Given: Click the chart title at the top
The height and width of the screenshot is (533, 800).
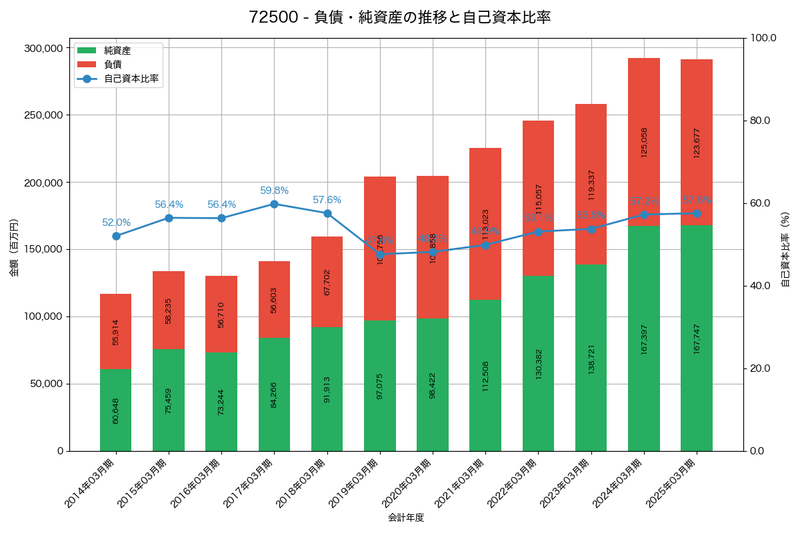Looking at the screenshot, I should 400,17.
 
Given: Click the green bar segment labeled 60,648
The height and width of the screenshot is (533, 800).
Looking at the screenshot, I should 116,410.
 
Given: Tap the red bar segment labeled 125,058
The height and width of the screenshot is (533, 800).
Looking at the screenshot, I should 644,142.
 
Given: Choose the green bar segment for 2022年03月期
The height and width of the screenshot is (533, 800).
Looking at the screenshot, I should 538,363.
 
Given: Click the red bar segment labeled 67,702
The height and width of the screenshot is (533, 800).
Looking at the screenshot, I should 327,282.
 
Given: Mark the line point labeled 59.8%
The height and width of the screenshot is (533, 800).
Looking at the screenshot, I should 274,204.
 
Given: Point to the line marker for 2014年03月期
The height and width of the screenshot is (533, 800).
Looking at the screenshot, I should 116,236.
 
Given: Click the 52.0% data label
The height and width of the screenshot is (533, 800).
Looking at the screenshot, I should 116,223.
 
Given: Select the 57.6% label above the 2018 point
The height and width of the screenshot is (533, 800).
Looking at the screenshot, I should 327,200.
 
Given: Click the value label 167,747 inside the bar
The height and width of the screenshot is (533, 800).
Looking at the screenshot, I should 697,338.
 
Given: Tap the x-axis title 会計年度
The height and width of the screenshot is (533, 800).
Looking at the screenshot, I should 406,517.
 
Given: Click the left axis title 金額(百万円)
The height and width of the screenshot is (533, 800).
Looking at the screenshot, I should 14,248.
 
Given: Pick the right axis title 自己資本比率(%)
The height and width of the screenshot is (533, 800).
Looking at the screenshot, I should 785,249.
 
